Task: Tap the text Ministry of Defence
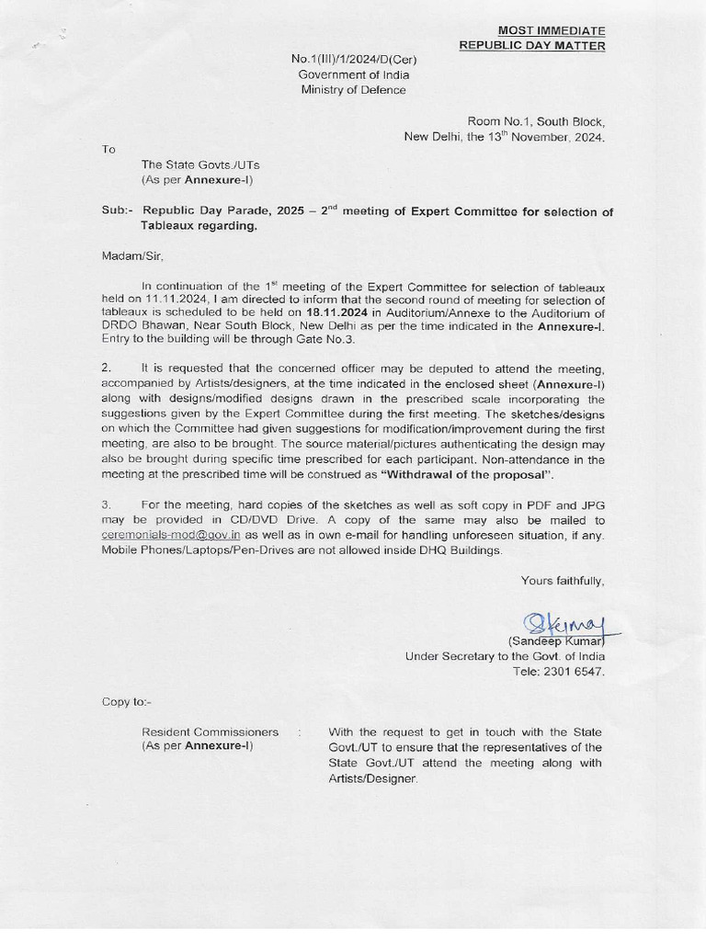(354, 90)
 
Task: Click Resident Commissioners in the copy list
(210, 731)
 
